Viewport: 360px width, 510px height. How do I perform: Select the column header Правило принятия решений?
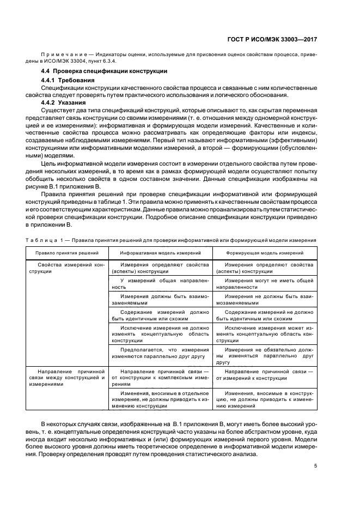(x=66, y=253)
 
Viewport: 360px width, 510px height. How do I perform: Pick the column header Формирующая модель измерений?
(x=265, y=253)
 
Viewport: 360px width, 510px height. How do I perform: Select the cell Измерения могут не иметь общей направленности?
(x=265, y=283)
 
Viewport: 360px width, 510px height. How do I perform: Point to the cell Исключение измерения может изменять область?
(x=265, y=332)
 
